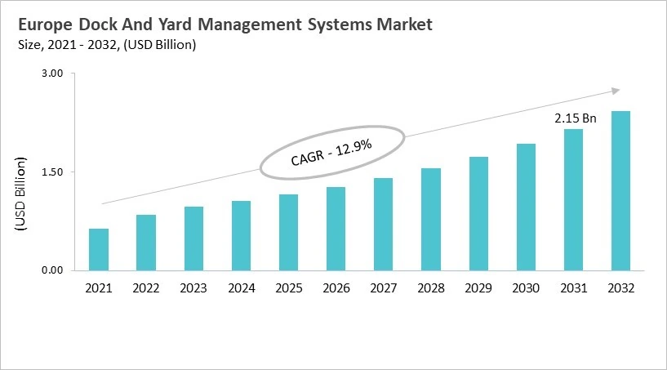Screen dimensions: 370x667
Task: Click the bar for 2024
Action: click(242, 235)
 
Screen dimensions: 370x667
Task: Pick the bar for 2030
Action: click(526, 207)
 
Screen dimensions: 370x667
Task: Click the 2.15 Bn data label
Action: click(576, 118)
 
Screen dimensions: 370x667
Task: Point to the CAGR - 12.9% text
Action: click(331, 153)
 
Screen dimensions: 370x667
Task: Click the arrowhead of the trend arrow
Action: click(616, 91)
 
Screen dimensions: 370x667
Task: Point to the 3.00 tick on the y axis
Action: click(52, 74)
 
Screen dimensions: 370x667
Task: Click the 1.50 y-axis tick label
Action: click(52, 172)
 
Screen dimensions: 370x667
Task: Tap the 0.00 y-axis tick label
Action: click(52, 270)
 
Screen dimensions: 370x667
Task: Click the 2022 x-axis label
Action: click(146, 288)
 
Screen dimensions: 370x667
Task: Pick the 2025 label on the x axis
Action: click(289, 288)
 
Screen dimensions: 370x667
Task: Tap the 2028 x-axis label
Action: click(431, 288)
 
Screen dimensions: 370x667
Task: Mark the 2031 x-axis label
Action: click(574, 288)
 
